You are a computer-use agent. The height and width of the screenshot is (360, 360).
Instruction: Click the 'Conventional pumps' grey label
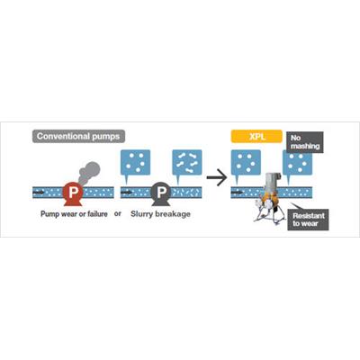78,136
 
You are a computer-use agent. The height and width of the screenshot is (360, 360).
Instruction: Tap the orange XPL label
256,137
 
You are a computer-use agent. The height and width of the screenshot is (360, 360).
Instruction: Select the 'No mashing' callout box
305,142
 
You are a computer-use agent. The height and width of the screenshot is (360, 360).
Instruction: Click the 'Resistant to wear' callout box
308,220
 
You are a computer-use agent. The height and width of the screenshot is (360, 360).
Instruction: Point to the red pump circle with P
73,192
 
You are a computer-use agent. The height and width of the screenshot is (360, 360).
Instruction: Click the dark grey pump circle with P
161,192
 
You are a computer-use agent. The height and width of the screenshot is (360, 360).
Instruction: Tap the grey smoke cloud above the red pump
89,172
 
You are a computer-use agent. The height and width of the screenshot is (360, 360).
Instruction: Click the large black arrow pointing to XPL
217,177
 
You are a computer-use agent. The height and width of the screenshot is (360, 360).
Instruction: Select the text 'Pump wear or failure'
74,214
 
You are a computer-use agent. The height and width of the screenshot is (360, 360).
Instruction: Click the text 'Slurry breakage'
160,214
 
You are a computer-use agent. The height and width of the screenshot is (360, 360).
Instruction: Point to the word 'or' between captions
118,213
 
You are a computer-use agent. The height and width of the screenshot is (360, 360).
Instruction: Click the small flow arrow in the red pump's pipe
38,193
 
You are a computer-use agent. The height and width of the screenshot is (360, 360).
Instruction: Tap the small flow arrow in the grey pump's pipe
127,193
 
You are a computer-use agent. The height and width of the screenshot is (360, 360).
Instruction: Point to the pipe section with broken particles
186,193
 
